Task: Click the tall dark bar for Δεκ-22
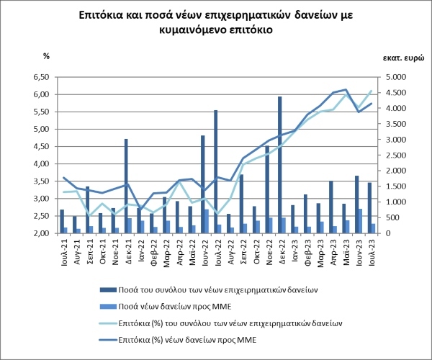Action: point(279,165)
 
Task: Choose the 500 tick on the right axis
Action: point(393,218)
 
